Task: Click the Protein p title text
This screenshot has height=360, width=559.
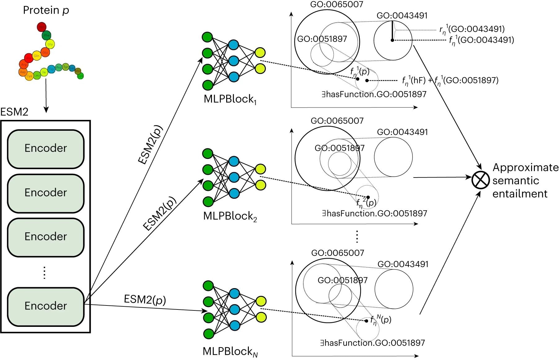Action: pyautogui.click(x=46, y=11)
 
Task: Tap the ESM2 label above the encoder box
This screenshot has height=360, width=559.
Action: pyautogui.click(x=14, y=112)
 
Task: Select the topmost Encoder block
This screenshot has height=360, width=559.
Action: pyautogui.click(x=46, y=148)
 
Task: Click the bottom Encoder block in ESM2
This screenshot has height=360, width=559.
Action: pyautogui.click(x=46, y=306)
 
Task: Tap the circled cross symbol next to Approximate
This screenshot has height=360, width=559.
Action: pyautogui.click(x=481, y=181)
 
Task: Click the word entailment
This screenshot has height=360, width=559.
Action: pyautogui.click(x=520, y=194)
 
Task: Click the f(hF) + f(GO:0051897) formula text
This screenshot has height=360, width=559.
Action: pyautogui.click(x=450, y=81)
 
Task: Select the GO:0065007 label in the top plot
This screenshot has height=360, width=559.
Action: pyautogui.click(x=337, y=4)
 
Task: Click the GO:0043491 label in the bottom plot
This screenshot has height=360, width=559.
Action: pyautogui.click(x=403, y=264)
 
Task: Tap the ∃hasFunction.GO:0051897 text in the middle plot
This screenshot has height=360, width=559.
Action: pyautogui.click(x=374, y=213)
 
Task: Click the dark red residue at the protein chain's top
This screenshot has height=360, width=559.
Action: pyautogui.click(x=42, y=27)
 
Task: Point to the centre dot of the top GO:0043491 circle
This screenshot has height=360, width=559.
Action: pyautogui.click(x=392, y=40)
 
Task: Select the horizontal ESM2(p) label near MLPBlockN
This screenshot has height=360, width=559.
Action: pyautogui.click(x=145, y=300)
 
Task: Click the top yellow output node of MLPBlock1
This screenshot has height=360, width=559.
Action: pyautogui.click(x=260, y=53)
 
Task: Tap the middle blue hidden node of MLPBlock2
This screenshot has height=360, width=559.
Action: pyautogui.click(x=234, y=177)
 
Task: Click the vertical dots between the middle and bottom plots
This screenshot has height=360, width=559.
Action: pyautogui.click(x=357, y=237)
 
